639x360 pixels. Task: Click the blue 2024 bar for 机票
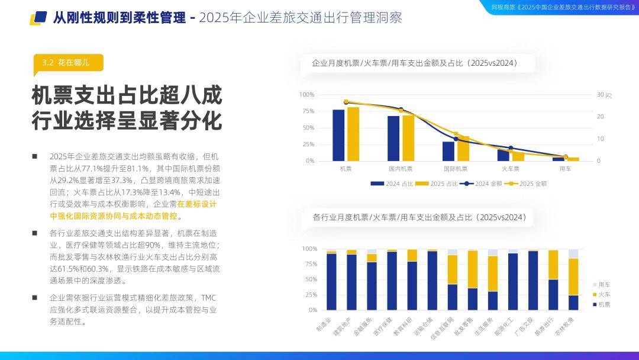click(338, 136)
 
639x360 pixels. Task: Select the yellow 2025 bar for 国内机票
click(408, 138)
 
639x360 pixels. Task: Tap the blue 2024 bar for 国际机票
click(448, 151)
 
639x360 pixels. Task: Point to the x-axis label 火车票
click(510, 169)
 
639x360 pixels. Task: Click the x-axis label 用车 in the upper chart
click(565, 169)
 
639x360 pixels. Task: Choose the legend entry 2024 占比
click(392, 184)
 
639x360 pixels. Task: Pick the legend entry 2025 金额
click(526, 184)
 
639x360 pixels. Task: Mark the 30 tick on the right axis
click(601, 95)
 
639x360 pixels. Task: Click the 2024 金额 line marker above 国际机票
click(456, 139)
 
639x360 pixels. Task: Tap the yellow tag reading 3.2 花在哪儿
click(68, 63)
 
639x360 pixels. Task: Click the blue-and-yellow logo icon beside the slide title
click(38, 18)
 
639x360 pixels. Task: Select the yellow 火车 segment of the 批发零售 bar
click(473, 269)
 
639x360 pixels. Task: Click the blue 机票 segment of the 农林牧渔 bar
click(573, 303)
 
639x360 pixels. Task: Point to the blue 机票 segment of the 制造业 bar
click(331, 282)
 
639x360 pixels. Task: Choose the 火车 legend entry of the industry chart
click(602, 295)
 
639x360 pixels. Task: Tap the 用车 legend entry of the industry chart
click(602, 285)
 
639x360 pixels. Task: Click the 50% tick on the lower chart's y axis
click(311, 279)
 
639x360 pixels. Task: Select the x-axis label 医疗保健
click(383, 326)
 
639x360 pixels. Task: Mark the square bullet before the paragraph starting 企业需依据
click(35, 298)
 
